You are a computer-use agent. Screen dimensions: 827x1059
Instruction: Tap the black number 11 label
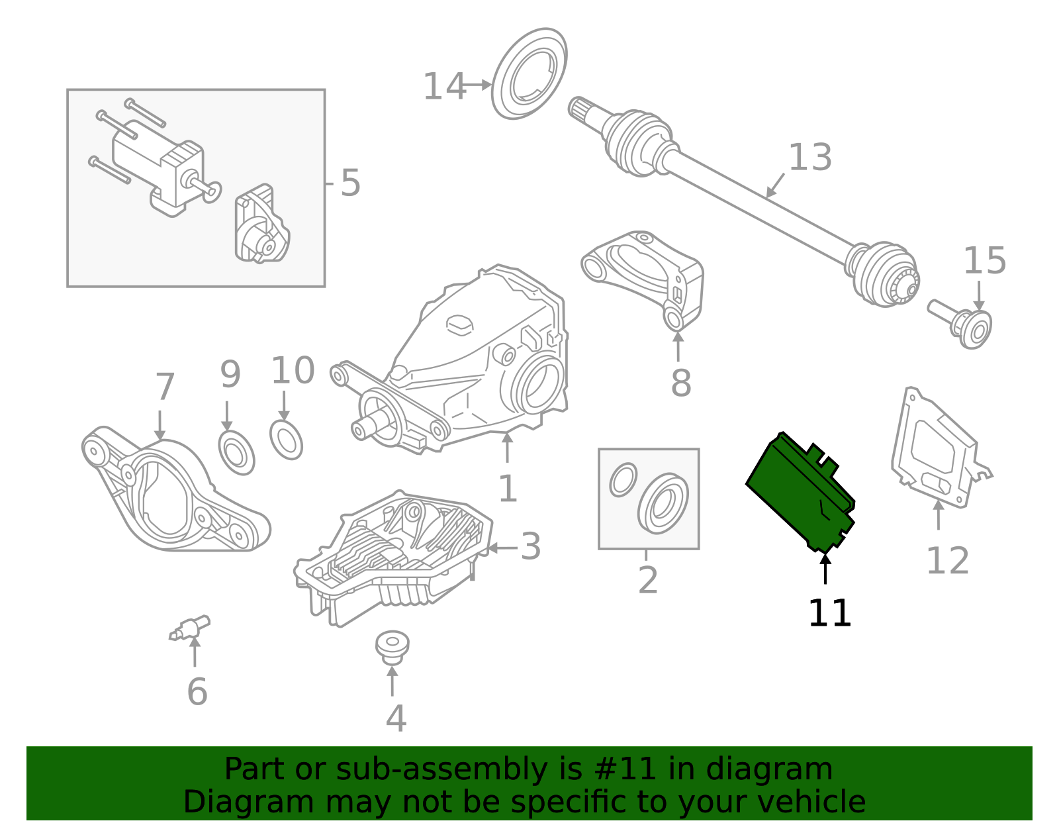tap(829, 613)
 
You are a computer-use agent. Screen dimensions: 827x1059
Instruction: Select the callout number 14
tap(443, 87)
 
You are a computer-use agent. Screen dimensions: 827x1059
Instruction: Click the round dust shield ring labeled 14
tap(529, 73)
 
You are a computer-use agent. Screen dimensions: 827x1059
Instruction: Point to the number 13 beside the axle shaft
tap(809, 158)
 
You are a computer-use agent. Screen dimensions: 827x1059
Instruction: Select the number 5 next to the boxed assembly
tap(350, 183)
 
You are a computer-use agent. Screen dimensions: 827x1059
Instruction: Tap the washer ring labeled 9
tap(236, 452)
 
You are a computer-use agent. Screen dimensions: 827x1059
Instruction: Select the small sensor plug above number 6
tap(191, 628)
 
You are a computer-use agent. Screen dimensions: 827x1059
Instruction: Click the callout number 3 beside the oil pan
tap(530, 547)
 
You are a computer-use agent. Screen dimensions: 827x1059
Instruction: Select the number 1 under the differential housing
tap(507, 489)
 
